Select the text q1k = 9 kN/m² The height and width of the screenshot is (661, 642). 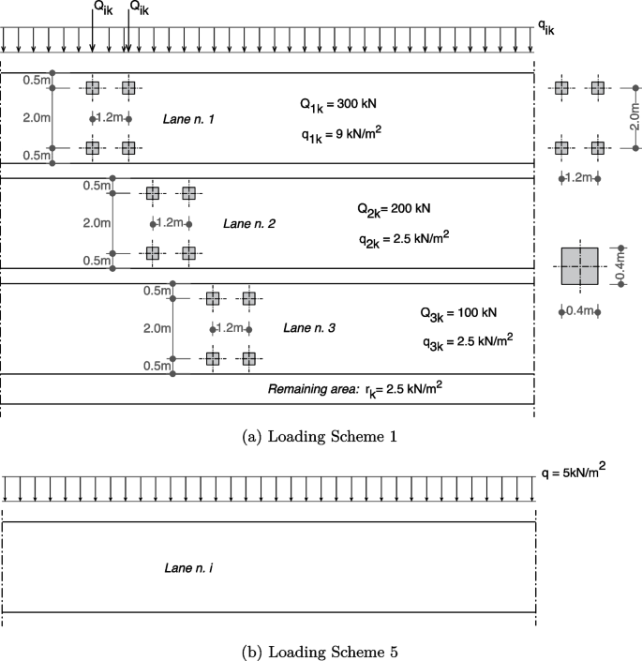point(340,135)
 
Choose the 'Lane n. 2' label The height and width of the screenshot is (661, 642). point(248,224)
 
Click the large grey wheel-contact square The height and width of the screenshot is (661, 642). point(580,265)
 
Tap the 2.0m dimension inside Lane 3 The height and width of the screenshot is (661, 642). point(157,328)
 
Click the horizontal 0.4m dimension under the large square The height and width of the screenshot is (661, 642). point(579,310)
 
